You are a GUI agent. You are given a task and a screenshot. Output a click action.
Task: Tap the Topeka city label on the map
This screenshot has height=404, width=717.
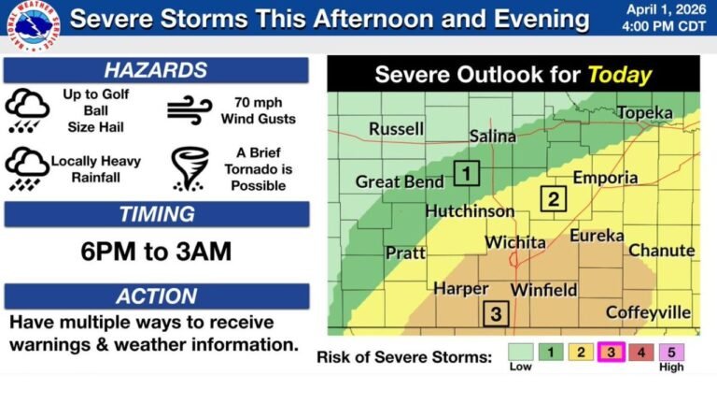(x=644, y=112)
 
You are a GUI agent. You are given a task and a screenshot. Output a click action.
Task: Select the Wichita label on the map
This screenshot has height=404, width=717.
(x=515, y=242)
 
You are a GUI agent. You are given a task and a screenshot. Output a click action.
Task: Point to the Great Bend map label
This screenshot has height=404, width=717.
(x=400, y=182)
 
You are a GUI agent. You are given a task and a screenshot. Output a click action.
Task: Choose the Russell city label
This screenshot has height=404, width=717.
(x=396, y=129)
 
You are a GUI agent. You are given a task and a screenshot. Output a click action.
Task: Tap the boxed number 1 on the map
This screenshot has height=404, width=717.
(x=467, y=172)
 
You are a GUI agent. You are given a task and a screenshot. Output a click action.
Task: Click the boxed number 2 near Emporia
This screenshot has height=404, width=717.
(x=553, y=198)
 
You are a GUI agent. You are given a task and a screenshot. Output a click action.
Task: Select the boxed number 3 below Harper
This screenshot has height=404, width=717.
(x=496, y=313)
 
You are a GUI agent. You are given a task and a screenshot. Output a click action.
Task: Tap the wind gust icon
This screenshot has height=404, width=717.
(x=190, y=109)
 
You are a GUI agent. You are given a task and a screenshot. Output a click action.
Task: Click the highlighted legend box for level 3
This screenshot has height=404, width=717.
(x=612, y=352)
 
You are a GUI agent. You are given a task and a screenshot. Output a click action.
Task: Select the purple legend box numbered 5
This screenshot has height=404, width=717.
(x=671, y=352)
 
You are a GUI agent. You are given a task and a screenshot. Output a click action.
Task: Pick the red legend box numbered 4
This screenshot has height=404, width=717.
(x=641, y=352)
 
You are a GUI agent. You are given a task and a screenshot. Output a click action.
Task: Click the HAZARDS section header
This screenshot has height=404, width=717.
(x=156, y=70)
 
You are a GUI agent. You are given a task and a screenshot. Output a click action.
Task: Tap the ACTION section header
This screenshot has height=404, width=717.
(x=156, y=296)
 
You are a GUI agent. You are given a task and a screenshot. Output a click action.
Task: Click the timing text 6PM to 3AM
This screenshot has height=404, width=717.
(x=156, y=252)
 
